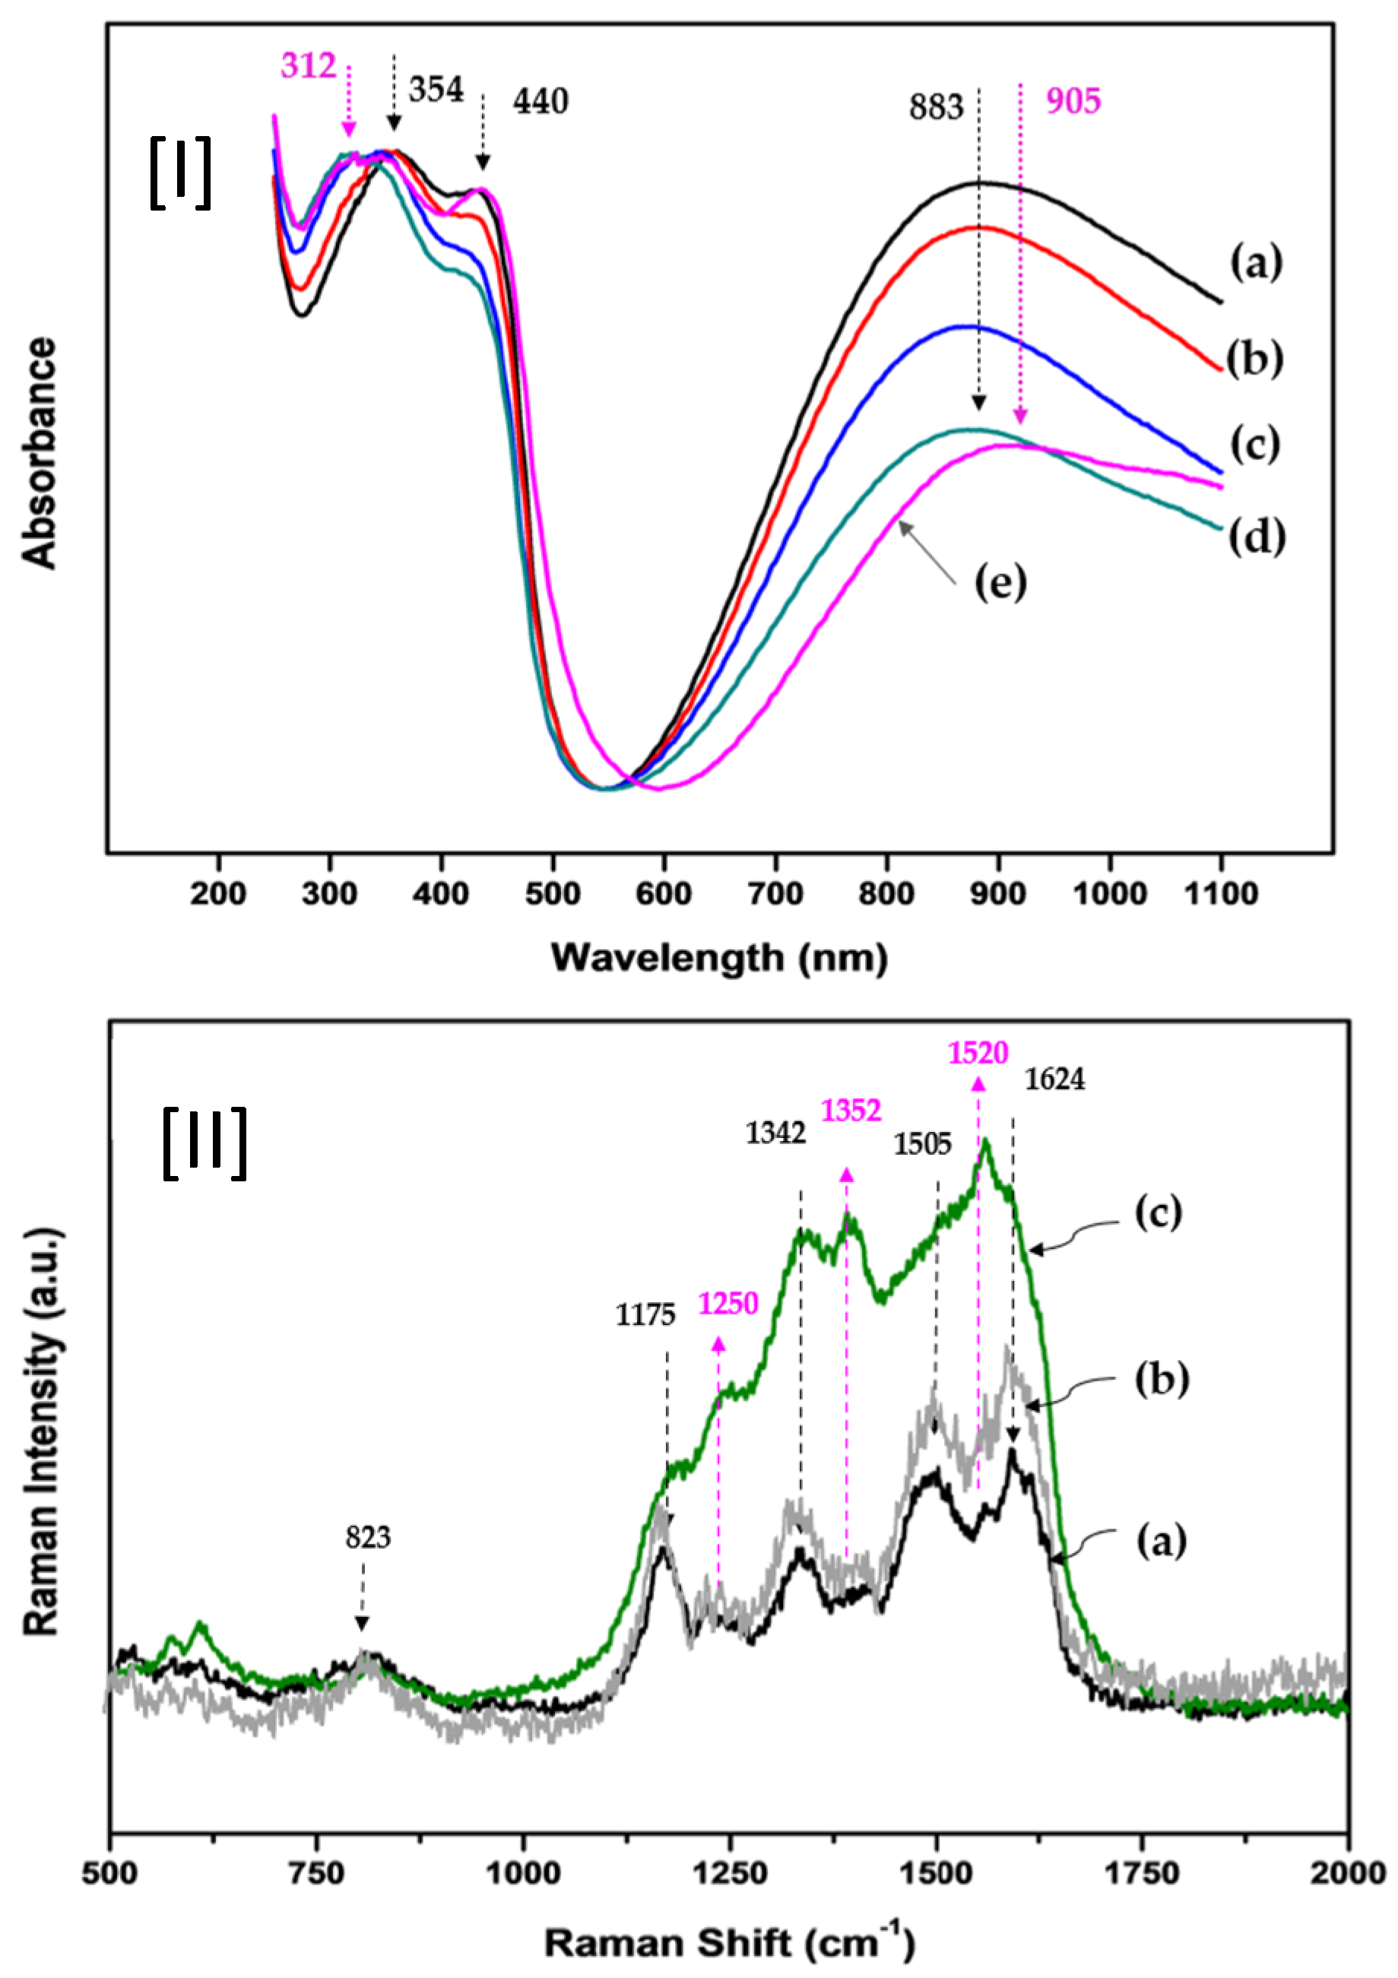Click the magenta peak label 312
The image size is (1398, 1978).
[309, 66]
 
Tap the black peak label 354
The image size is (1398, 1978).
[436, 90]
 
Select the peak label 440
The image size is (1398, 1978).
[541, 103]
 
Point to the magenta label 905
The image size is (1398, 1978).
[1073, 102]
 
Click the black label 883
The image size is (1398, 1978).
[936, 108]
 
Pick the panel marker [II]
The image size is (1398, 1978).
[205, 1143]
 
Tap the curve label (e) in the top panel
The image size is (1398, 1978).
[1000, 584]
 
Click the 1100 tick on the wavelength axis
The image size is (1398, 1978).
[1221, 894]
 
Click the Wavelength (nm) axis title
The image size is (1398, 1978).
[719, 958]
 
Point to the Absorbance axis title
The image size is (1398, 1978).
[40, 453]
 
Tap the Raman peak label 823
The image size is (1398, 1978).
[368, 1538]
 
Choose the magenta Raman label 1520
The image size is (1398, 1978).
[978, 1053]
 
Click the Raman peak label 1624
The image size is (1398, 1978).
[1054, 1080]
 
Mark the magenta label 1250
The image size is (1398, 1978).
[728, 1304]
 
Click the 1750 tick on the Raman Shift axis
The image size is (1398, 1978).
[1142, 1873]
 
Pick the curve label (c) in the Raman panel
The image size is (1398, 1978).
[1157, 1213]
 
